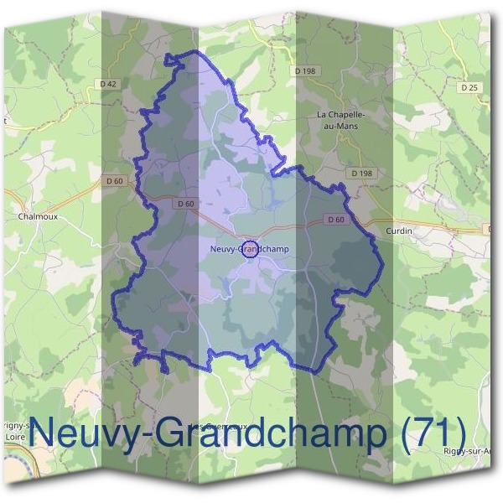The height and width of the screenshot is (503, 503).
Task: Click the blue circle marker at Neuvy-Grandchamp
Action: coord(249,248)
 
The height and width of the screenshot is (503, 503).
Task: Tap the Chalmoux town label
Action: coord(35,215)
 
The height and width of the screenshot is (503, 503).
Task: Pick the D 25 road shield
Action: coord(469,87)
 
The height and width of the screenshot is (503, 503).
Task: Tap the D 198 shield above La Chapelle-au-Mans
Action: coord(304,71)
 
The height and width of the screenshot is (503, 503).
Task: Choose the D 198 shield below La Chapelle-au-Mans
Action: coord(361,173)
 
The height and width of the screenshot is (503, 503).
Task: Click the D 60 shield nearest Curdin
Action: coord(335,220)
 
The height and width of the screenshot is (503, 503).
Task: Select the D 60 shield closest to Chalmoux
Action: coord(114,180)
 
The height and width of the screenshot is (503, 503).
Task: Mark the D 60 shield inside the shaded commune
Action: coord(186,203)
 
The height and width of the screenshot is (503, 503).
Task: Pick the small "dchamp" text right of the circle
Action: coord(272,248)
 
